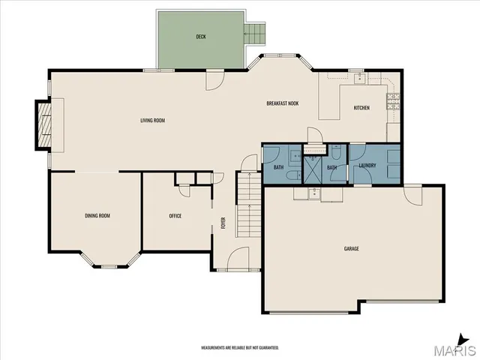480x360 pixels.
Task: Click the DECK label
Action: tap(201, 37)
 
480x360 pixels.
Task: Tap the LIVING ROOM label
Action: tap(152, 121)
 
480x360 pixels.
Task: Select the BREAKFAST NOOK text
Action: tap(283, 103)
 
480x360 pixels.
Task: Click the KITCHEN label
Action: tap(361, 108)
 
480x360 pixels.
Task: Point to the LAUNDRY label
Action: tap(367, 166)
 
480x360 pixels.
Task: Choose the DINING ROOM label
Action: tap(97, 216)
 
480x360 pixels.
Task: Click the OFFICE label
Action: tap(175, 216)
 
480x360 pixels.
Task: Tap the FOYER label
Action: tap(223, 223)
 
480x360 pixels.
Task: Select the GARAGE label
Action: tap(351, 248)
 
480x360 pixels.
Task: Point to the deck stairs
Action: tap(256, 33)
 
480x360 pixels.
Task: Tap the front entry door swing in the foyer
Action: tap(238, 258)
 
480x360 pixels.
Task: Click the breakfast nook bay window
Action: tap(282, 57)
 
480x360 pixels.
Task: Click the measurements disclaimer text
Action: tap(240, 348)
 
